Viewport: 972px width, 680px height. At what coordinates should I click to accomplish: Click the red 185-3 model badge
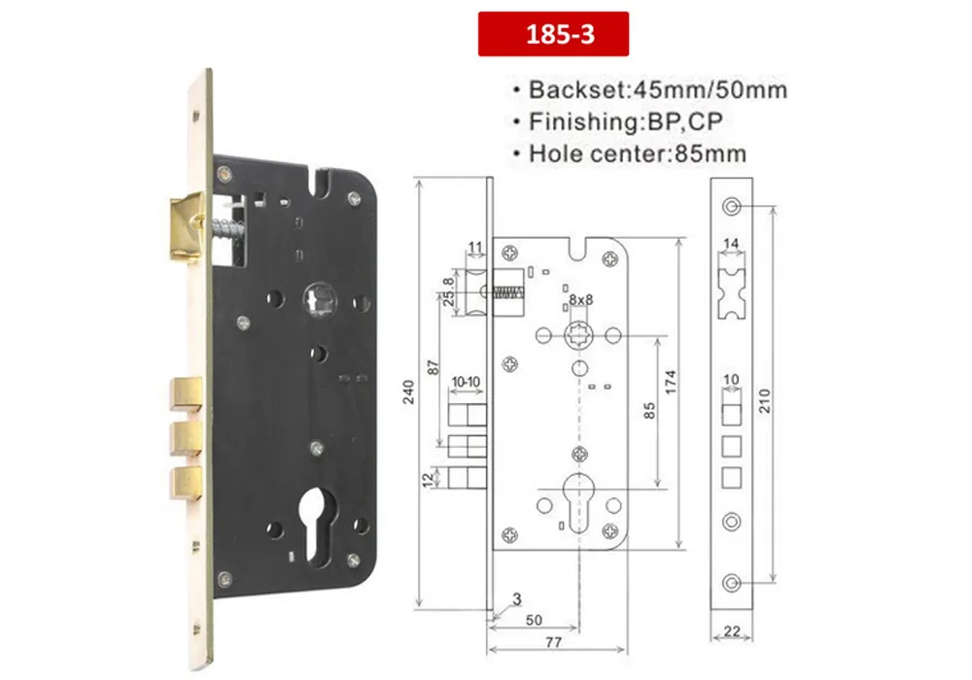(553, 34)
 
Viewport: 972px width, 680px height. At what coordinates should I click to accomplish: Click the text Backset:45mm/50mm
(658, 89)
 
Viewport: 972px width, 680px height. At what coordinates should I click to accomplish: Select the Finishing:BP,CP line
(625, 121)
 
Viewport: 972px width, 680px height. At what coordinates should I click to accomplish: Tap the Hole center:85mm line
(638, 153)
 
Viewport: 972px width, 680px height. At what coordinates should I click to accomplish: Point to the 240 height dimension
(408, 392)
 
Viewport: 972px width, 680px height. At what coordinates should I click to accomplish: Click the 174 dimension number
(670, 383)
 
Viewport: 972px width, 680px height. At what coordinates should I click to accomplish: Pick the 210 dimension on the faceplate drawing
(764, 401)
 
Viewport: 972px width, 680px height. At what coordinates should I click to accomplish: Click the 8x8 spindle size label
(581, 300)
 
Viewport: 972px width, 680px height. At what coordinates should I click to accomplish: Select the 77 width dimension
(554, 642)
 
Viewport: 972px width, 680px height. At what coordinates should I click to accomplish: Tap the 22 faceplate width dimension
(732, 631)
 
